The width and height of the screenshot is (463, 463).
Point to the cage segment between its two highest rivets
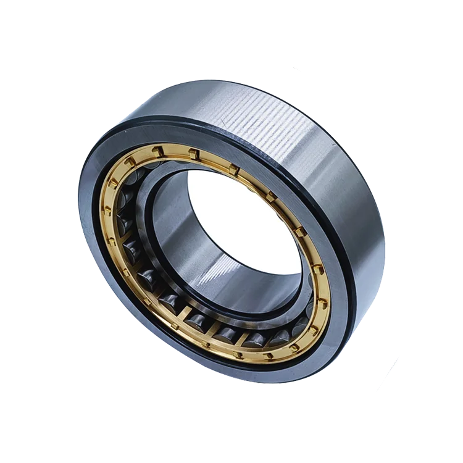pyautogui.click(x=177, y=149)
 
